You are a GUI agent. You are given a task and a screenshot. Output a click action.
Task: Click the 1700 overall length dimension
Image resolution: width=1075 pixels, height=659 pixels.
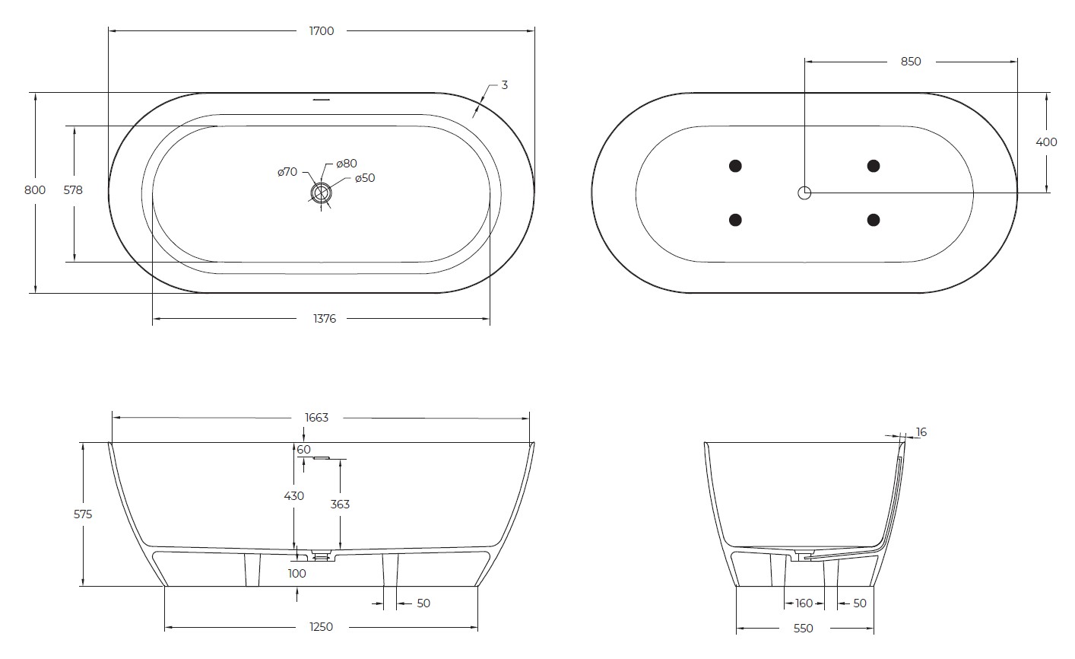pyautogui.click(x=322, y=31)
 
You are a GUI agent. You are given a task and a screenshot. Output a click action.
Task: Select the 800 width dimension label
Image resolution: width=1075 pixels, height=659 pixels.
pyautogui.click(x=35, y=190)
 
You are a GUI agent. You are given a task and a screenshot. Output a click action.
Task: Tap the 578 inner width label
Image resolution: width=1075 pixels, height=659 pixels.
pyautogui.click(x=73, y=190)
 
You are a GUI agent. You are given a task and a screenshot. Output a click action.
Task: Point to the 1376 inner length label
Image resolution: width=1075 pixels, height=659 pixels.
pyautogui.click(x=324, y=319)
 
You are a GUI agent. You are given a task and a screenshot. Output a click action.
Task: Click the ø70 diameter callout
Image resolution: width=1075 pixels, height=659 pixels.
pyautogui.click(x=287, y=173)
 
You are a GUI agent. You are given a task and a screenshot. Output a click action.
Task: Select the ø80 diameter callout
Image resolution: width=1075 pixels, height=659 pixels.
pyautogui.click(x=347, y=163)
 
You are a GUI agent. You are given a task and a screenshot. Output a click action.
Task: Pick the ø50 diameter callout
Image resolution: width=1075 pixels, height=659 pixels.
pyautogui.click(x=365, y=178)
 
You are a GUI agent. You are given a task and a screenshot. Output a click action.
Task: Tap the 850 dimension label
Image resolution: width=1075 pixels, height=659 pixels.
pyautogui.click(x=911, y=62)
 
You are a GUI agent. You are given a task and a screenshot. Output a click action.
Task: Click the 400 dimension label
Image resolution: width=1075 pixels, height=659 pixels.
pyautogui.click(x=1047, y=142)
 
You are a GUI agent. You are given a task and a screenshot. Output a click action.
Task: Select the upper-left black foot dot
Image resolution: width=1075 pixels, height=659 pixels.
pyautogui.click(x=735, y=166)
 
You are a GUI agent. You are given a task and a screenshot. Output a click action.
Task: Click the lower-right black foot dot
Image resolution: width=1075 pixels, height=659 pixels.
pyautogui.click(x=874, y=220)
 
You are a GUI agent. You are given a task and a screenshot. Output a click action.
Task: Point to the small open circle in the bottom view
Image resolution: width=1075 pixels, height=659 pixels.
pyautogui.click(x=804, y=193)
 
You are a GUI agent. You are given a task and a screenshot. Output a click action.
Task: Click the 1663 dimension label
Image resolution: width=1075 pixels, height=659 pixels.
pyautogui.click(x=316, y=417)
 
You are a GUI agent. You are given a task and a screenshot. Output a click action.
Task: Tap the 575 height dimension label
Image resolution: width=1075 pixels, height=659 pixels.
pyautogui.click(x=82, y=514)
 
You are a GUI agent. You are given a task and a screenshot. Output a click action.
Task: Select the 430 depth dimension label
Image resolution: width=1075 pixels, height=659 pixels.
pyautogui.click(x=293, y=495)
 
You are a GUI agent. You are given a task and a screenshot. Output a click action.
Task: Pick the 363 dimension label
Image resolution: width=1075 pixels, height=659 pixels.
pyautogui.click(x=340, y=504)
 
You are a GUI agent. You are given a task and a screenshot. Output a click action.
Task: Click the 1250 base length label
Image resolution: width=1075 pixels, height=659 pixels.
pyautogui.click(x=322, y=627)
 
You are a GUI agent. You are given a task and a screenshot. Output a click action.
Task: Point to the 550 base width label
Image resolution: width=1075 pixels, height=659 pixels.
pyautogui.click(x=803, y=628)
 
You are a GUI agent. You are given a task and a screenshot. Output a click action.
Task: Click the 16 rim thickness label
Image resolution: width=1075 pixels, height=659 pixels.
pyautogui.click(x=921, y=432)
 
